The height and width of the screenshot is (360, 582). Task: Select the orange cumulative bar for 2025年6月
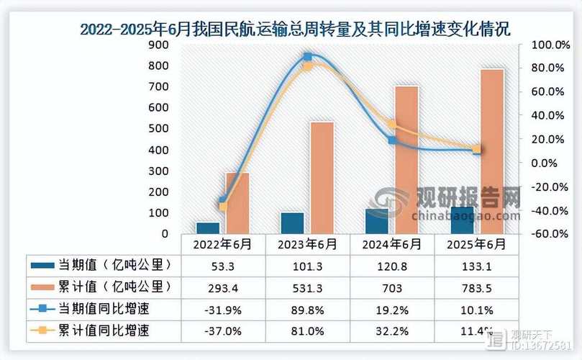(x=492, y=151)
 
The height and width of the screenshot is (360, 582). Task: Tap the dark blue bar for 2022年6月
(x=208, y=228)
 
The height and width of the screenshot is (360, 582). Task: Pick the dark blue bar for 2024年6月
(x=378, y=221)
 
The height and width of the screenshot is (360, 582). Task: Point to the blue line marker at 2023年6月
(x=307, y=57)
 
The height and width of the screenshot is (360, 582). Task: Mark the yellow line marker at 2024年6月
(x=391, y=124)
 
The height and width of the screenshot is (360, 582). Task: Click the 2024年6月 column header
(x=392, y=244)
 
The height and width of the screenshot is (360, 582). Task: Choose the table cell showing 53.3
(x=222, y=266)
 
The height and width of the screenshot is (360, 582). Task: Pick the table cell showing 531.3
(x=307, y=287)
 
